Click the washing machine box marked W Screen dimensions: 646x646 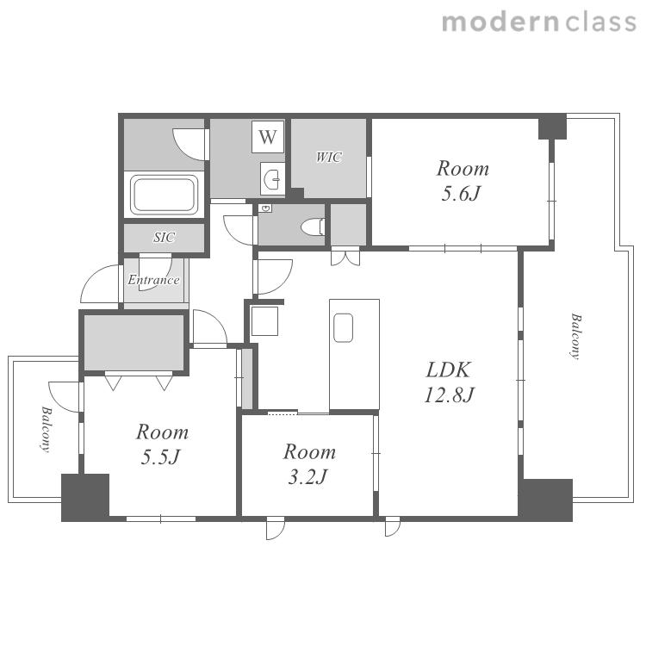click(x=268, y=136)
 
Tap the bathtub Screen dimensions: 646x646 click(x=164, y=195)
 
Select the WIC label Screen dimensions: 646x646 click(x=329, y=157)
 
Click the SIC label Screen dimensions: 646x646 click(x=164, y=238)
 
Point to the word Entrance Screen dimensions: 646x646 click(x=153, y=280)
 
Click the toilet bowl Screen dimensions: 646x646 click(x=314, y=227)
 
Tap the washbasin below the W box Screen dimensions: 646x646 click(x=272, y=179)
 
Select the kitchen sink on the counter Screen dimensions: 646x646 click(x=343, y=328)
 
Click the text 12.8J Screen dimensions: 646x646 click(x=450, y=394)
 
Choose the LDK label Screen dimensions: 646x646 click(x=448, y=370)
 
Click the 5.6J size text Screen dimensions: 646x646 click(x=461, y=193)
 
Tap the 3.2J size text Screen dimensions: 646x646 click(x=307, y=477)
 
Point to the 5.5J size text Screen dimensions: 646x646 click(x=161, y=457)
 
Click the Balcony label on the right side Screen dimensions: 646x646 click(x=576, y=336)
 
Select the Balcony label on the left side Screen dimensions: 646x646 click(x=47, y=429)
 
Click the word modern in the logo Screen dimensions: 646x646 click(x=500, y=22)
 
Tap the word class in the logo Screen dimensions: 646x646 click(x=601, y=22)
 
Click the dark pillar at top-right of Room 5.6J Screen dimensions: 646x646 click(x=552, y=126)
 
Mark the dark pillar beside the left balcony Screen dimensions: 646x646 click(x=85, y=498)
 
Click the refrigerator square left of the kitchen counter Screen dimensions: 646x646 click(x=264, y=321)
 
